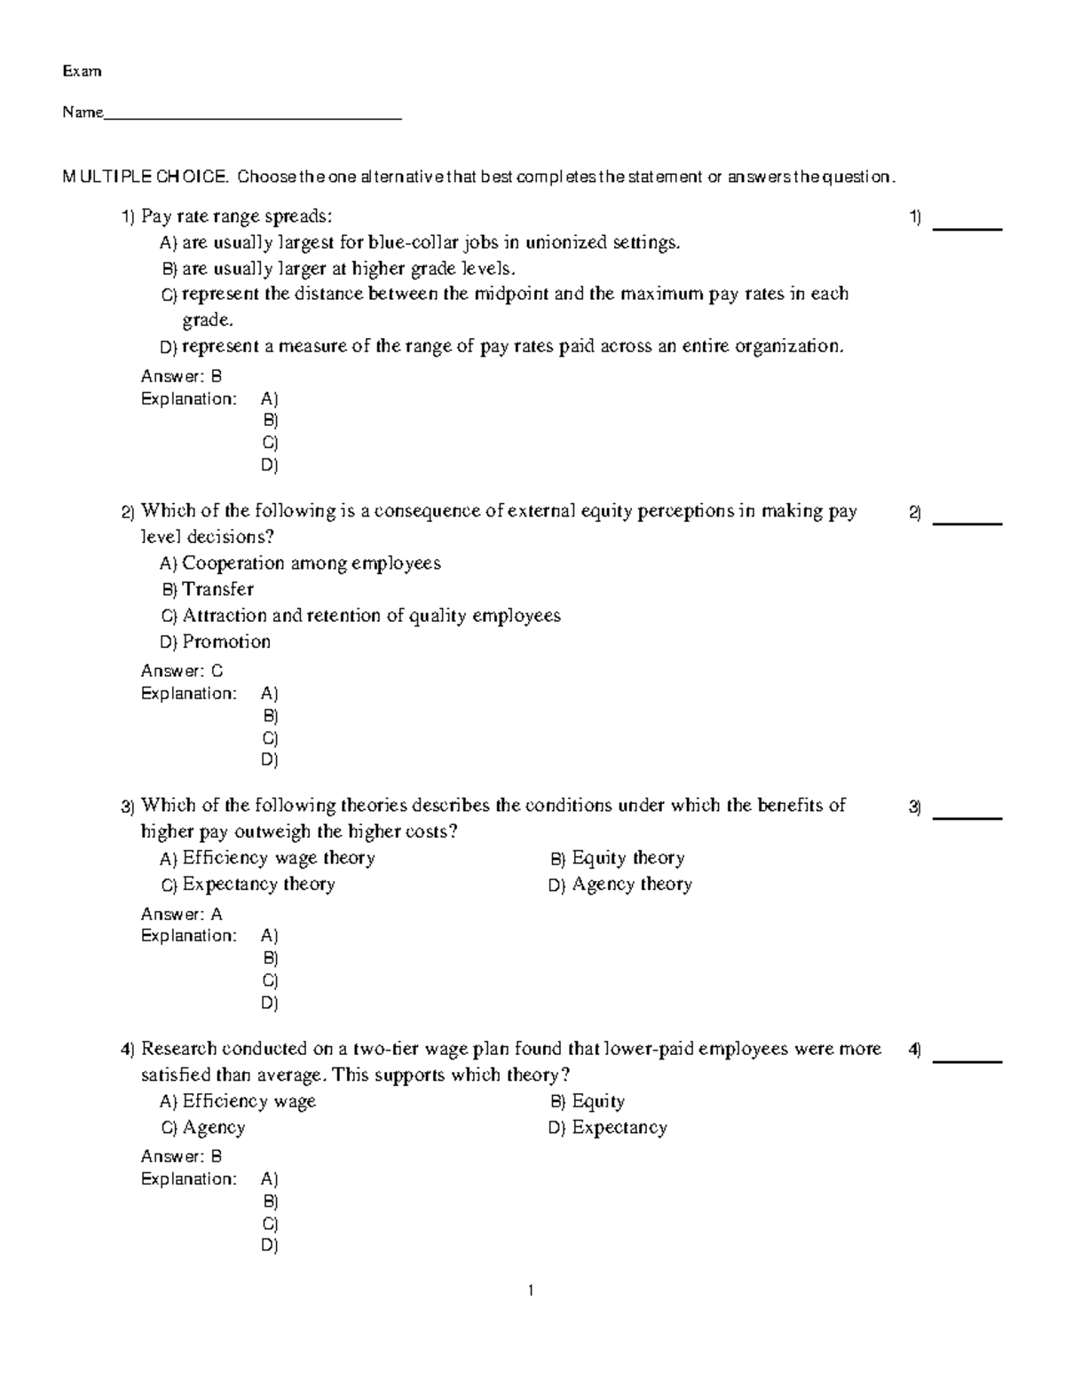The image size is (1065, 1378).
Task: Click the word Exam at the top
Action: (x=82, y=71)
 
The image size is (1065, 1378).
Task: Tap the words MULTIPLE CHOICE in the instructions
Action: (x=144, y=177)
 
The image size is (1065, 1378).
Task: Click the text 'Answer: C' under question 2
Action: (x=181, y=671)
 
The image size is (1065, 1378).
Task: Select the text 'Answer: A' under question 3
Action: (x=181, y=914)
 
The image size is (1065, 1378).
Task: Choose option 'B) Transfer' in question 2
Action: (x=208, y=589)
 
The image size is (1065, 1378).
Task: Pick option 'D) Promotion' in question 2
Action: (x=215, y=642)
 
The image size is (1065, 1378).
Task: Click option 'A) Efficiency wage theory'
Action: (x=267, y=858)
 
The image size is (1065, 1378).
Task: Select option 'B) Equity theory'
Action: (x=617, y=858)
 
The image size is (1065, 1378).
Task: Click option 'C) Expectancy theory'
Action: (x=248, y=885)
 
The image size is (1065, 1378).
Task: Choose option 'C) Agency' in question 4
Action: (x=203, y=1128)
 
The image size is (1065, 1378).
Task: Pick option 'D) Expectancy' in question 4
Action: (x=607, y=1128)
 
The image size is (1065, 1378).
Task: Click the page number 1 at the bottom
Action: (x=530, y=1291)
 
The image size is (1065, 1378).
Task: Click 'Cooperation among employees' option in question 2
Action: (x=311, y=563)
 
